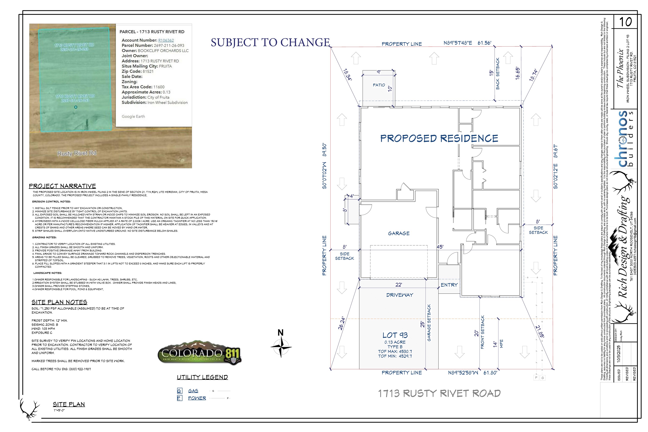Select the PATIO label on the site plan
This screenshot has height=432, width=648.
pyautogui.click(x=379, y=85)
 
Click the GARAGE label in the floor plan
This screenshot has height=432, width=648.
pyautogui.click(x=399, y=233)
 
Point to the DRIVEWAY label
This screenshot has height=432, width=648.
pyautogui.click(x=400, y=295)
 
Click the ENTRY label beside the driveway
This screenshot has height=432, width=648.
pyautogui.click(x=449, y=285)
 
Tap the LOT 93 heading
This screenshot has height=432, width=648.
pyautogui.click(x=395, y=335)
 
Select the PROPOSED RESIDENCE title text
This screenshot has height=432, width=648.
pyautogui.click(x=439, y=138)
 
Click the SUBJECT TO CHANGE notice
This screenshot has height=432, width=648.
pyautogui.click(x=270, y=42)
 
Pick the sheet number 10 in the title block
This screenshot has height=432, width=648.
pyautogui.click(x=625, y=22)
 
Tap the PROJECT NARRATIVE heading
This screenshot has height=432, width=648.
pyautogui.click(x=62, y=186)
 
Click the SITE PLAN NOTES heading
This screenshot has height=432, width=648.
pyautogui.click(x=59, y=302)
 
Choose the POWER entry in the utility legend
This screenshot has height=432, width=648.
pyautogui.click(x=197, y=398)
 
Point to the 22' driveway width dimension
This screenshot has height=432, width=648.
pyautogui.click(x=398, y=285)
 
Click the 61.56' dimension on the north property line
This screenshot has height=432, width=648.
pyautogui.click(x=484, y=43)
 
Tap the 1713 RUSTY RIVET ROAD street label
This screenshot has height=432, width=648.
pyautogui.click(x=439, y=393)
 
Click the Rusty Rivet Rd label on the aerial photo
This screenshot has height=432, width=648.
pyautogui.click(x=77, y=153)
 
